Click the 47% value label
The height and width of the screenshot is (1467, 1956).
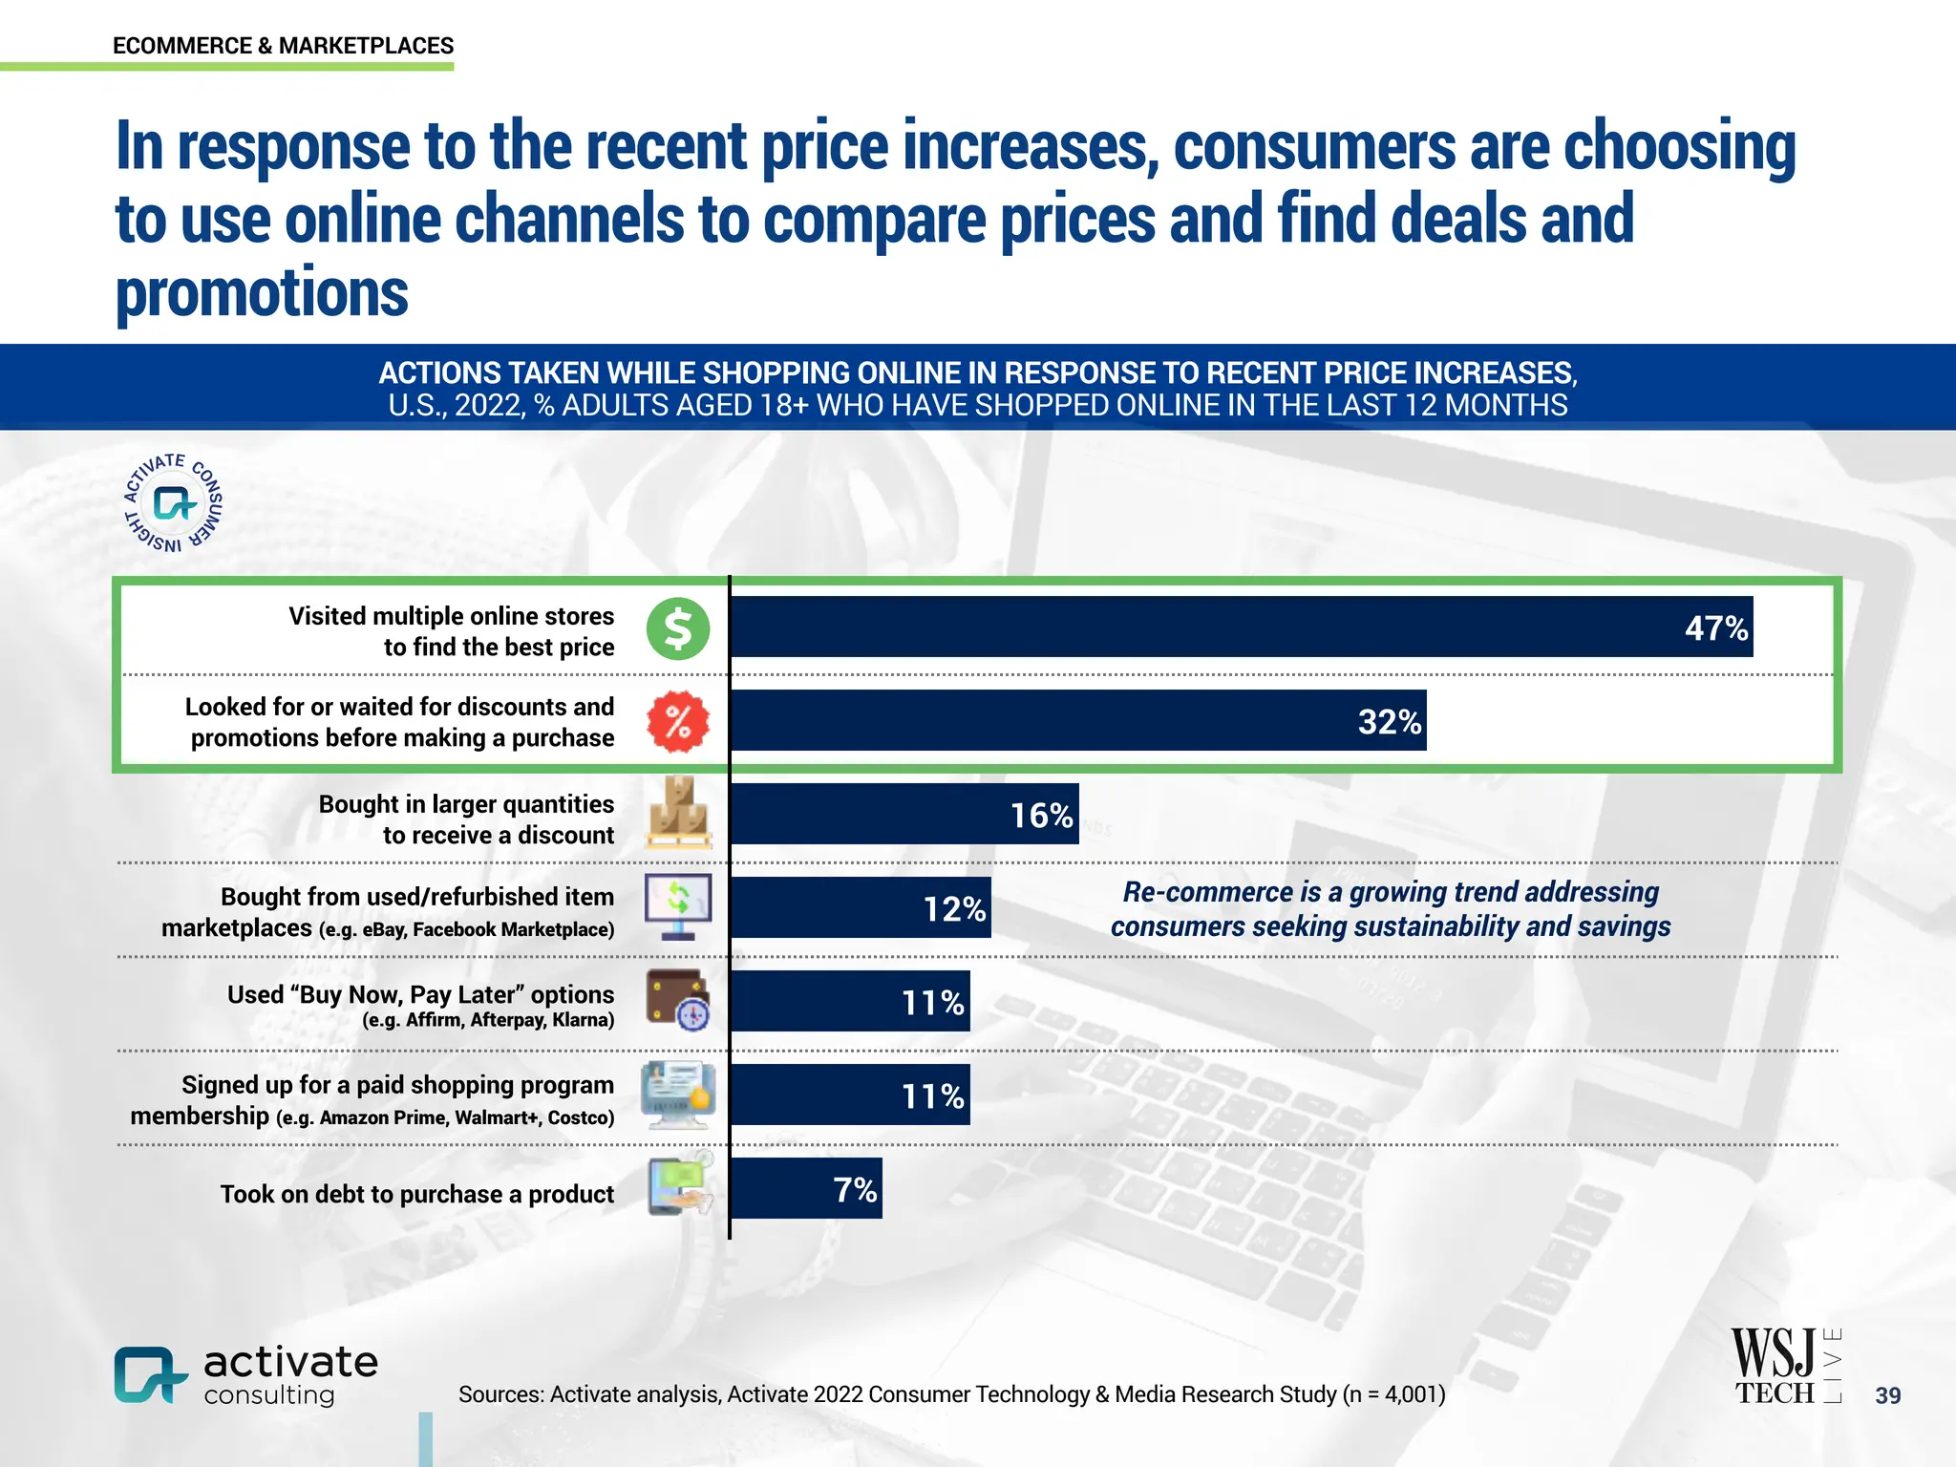[1715, 628]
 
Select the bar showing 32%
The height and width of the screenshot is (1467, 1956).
[1077, 720]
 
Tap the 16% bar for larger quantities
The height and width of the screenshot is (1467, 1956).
[904, 814]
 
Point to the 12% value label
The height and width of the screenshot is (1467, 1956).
[953, 908]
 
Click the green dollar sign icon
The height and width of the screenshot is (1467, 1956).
[677, 629]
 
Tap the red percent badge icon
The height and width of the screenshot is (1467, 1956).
[677, 721]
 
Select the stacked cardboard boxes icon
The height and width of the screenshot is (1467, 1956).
[677, 814]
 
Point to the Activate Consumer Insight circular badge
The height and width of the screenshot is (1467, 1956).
[173, 502]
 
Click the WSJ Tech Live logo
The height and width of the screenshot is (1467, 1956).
[1784, 1367]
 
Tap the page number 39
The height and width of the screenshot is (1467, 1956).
[1887, 1395]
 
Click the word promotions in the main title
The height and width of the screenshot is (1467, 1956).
[262, 292]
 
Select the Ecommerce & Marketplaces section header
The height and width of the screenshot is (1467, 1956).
[283, 46]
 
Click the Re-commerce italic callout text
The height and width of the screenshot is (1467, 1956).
[1390, 908]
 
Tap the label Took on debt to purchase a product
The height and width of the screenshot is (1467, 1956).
[416, 1194]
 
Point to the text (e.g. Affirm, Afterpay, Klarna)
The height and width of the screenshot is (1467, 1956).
[487, 1020]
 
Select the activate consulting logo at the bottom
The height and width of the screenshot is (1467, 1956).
[245, 1375]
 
